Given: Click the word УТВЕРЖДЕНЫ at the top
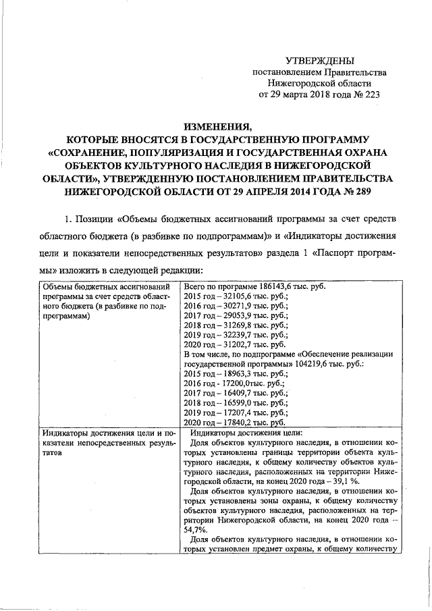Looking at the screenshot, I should (x=319, y=61).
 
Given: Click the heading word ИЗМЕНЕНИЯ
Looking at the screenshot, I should (x=216, y=126).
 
